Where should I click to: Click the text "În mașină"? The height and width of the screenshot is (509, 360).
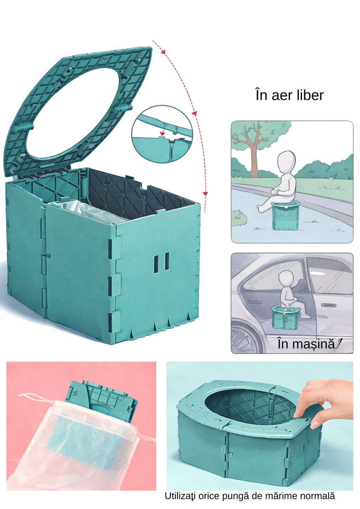click(306, 344)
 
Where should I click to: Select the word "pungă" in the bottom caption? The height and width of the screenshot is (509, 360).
click(235, 496)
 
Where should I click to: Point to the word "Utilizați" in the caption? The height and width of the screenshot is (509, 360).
click(180, 496)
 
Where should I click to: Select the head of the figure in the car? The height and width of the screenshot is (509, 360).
click(286, 279)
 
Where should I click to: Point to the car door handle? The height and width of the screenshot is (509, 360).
click(327, 305)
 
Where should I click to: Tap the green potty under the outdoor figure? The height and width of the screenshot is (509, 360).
click(285, 215)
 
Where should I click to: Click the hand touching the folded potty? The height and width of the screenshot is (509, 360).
click(325, 402)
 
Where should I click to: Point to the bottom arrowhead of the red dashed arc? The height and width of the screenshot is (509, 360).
click(205, 194)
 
